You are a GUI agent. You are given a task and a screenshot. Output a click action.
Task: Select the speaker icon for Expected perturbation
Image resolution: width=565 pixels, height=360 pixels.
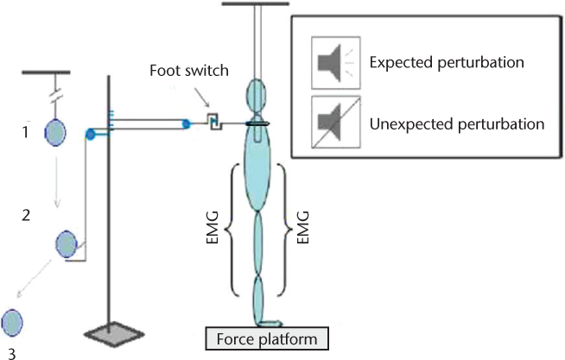[x=333, y=63]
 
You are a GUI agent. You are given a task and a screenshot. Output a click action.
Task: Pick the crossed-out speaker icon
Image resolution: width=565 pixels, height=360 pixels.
[x=333, y=123]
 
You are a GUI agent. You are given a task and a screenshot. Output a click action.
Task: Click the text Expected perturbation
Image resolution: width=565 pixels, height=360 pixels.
[x=447, y=63]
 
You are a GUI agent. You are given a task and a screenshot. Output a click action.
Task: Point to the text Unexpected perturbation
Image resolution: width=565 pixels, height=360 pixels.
[x=456, y=123]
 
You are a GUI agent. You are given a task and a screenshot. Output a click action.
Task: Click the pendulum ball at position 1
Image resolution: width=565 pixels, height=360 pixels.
[x=56, y=133]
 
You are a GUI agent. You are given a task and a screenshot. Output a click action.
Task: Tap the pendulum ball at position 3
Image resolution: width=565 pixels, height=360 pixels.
[x=11, y=323]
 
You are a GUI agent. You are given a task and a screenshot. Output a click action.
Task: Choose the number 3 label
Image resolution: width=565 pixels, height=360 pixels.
[x=11, y=351]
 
